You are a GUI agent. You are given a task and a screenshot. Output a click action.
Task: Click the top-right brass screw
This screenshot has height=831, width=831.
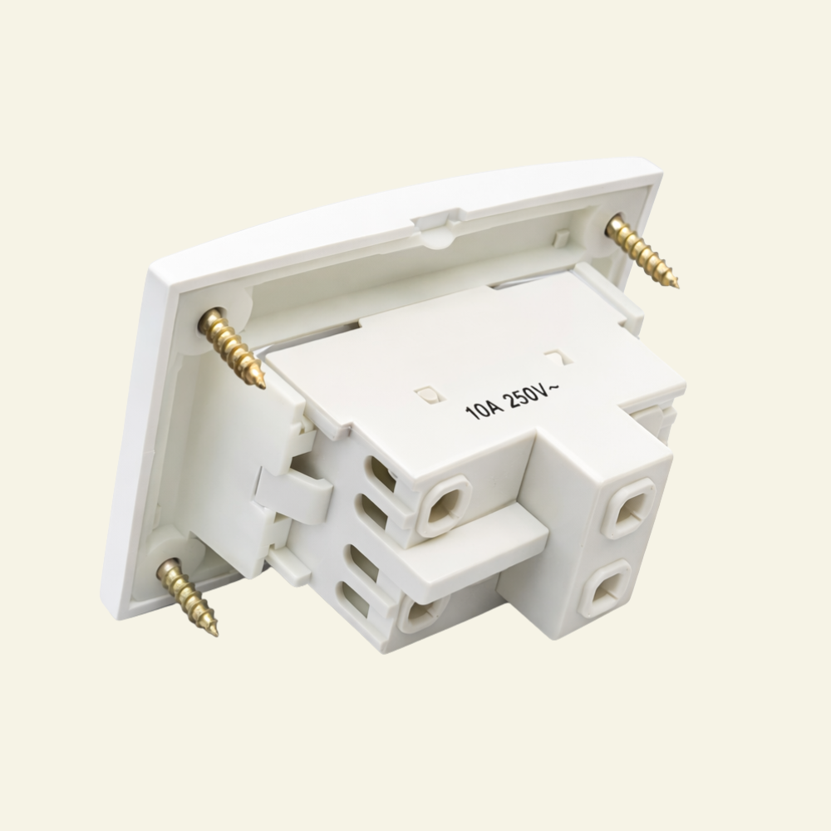point(643,249)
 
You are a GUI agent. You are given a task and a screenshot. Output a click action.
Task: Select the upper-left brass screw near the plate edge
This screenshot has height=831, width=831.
point(232,347)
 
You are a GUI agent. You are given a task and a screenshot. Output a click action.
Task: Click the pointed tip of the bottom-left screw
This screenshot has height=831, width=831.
point(217,635)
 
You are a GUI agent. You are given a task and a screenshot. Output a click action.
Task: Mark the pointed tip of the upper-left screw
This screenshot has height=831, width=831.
point(263,388)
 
